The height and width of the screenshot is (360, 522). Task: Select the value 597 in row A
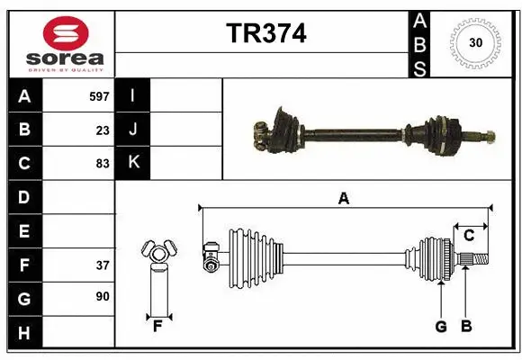click(99, 94)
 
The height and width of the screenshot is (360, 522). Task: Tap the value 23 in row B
click(103, 130)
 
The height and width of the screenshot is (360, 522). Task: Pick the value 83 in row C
click(103, 164)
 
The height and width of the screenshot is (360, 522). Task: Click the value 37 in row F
click(103, 265)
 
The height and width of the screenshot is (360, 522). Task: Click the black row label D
click(23, 197)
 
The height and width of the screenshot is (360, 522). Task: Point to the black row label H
click(23, 333)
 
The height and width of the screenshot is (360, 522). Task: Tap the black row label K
click(133, 163)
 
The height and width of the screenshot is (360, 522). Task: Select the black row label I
click(133, 95)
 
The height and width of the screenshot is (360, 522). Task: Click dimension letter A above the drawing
click(343, 199)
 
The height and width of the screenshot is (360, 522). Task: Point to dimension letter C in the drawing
click(469, 235)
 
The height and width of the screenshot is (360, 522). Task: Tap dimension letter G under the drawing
click(441, 327)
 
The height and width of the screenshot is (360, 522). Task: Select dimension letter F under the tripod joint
click(157, 327)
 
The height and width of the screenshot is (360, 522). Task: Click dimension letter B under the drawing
click(465, 327)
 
